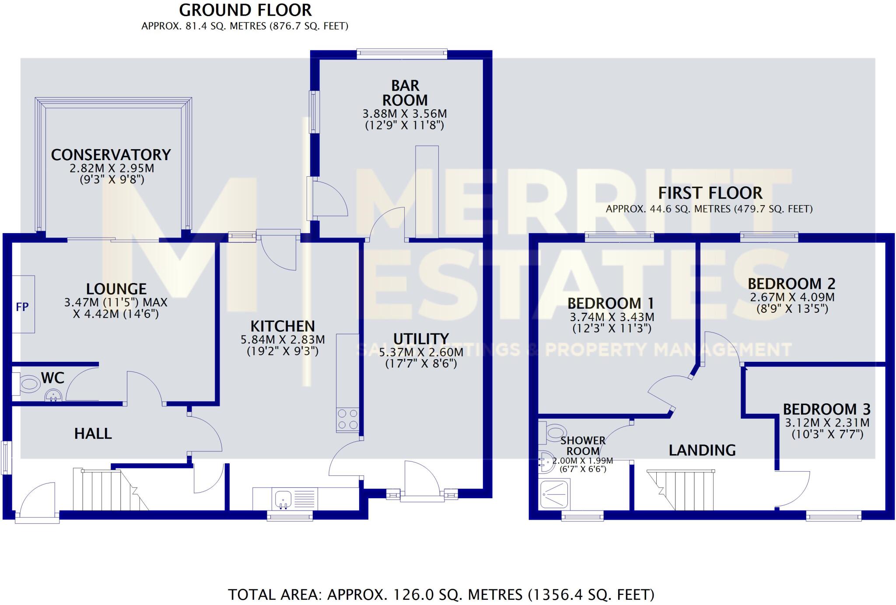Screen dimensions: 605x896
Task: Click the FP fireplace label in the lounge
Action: click(x=22, y=307)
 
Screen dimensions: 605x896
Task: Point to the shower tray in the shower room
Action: click(x=555, y=494)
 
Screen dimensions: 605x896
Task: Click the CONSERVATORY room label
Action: click(x=111, y=155)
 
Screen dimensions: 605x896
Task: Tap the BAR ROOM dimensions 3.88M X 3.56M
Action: click(x=405, y=114)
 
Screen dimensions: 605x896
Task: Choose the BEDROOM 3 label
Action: click(x=826, y=409)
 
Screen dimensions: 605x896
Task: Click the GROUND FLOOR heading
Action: click(x=245, y=10)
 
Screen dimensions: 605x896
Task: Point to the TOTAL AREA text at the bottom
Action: click(x=441, y=595)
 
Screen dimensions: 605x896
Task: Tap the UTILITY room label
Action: click(x=421, y=339)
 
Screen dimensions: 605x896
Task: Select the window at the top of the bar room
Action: click(x=402, y=54)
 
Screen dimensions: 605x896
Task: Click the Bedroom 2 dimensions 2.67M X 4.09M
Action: click(x=792, y=297)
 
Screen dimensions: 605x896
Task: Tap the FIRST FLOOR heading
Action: click(x=710, y=193)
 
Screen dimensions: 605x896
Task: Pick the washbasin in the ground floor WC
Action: click(x=53, y=395)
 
